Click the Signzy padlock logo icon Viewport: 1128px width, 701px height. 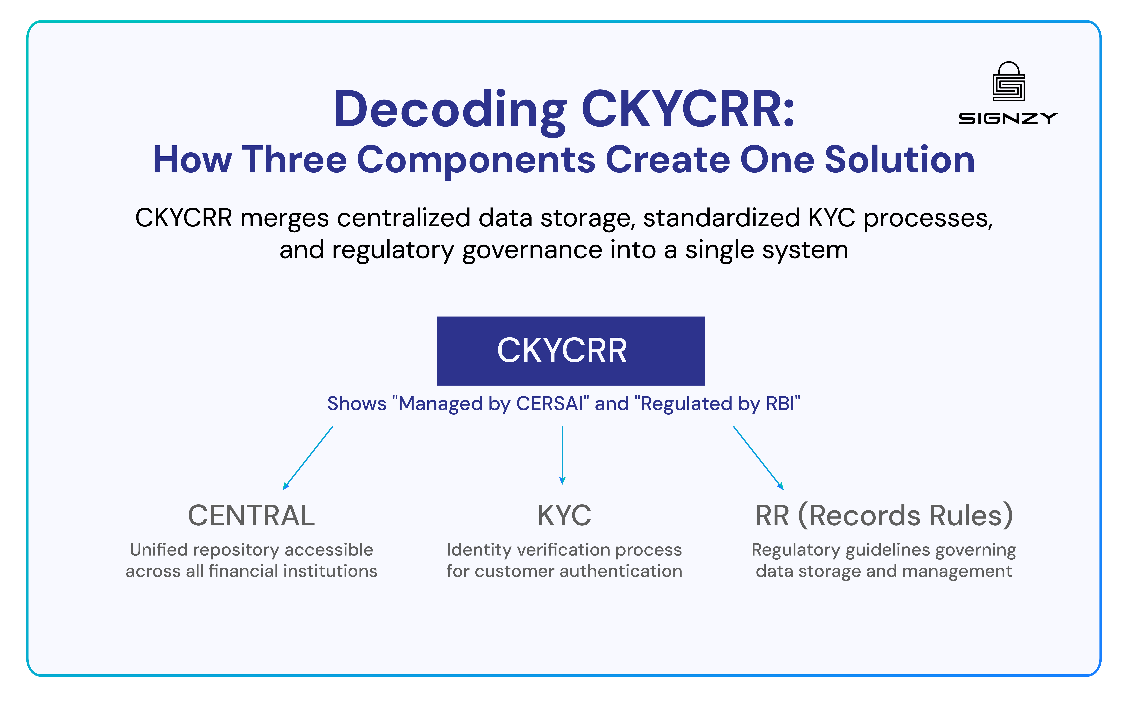[x=1008, y=82]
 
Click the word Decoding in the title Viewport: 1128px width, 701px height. [x=450, y=110]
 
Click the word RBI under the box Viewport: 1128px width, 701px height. [x=780, y=404]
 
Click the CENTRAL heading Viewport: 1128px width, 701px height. [x=251, y=516]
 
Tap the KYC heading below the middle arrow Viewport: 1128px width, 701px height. [x=564, y=516]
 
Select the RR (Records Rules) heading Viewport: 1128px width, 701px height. [x=884, y=516]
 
